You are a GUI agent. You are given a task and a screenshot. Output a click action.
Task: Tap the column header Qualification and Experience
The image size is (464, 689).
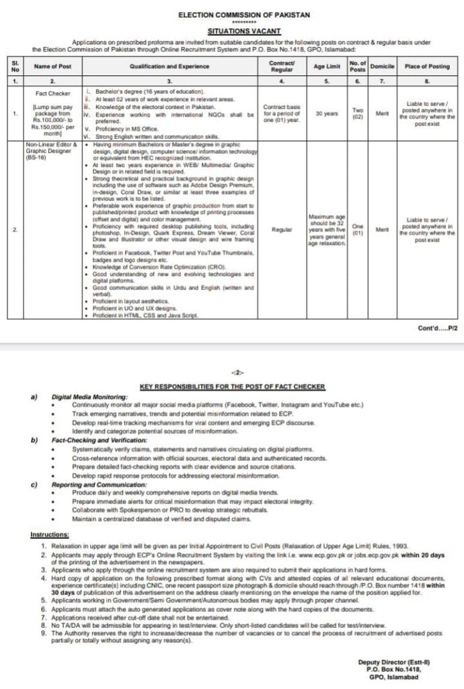coord(169,66)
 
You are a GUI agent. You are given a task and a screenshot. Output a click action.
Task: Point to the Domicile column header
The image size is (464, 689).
coord(382,66)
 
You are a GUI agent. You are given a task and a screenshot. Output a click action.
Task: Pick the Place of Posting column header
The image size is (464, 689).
coord(426,66)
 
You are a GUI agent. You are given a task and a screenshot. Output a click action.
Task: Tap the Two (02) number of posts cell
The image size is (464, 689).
coord(358,114)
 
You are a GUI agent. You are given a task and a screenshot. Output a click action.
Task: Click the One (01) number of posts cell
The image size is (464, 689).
coord(358,229)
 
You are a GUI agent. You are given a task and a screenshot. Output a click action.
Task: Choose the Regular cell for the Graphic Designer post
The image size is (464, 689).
coord(282,229)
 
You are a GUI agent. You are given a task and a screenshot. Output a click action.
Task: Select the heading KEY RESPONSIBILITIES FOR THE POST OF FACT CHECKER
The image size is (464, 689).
coord(232,387)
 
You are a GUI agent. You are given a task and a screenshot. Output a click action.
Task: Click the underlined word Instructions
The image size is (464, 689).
coord(50,534)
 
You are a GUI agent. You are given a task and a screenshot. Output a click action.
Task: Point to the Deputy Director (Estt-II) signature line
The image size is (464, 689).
coord(393,662)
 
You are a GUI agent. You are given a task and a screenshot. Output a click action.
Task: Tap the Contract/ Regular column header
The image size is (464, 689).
coord(282,66)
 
